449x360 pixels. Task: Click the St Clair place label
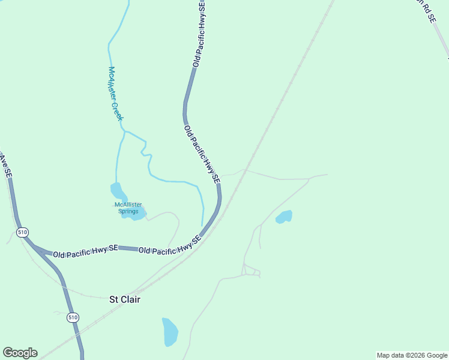coord(124,299)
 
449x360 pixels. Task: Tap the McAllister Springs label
coord(128,208)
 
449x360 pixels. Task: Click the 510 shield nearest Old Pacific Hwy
coord(22,232)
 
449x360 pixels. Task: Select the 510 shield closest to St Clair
coord(73,317)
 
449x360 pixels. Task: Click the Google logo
coord(20,353)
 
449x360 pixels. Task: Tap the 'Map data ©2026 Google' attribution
coord(412,355)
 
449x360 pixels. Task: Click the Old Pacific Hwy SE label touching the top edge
coord(199,33)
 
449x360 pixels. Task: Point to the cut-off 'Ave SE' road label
coord(5,164)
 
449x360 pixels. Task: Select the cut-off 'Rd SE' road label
coord(424,11)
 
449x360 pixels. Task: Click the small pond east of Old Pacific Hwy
coord(284,217)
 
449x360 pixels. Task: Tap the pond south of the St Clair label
coord(170,332)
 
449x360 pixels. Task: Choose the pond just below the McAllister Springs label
coord(134,215)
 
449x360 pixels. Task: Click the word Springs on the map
coord(128,211)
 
